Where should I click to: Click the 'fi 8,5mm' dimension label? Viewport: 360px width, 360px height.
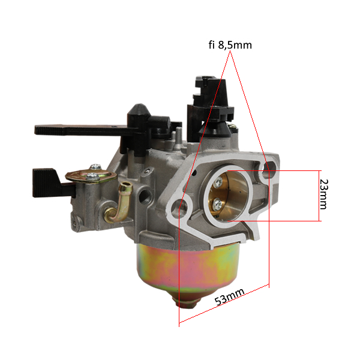point(230,45)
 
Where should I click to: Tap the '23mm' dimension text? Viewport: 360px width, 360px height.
point(324,194)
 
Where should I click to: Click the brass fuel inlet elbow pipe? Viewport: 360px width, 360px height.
point(119,202)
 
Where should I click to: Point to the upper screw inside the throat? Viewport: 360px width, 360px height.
point(218,182)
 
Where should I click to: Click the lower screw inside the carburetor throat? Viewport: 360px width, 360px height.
point(217,204)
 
